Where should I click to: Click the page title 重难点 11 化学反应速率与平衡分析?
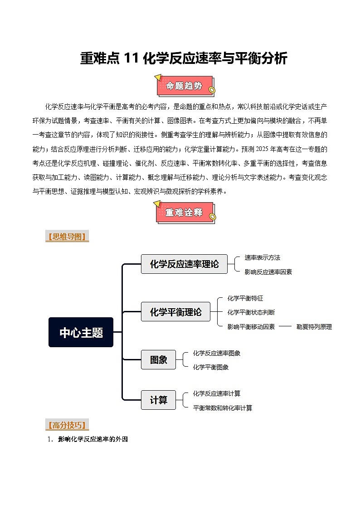pos(184,58)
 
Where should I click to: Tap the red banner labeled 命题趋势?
pos(184,86)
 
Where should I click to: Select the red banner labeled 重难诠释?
pos(184,213)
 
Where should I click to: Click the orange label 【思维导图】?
pos(67,237)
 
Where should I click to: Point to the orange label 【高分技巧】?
pos(67,425)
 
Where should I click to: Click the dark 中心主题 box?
pos(81,333)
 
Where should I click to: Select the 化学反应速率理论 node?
pos(184,264)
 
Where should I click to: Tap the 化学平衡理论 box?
pos(175,312)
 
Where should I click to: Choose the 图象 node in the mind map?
pos(158,360)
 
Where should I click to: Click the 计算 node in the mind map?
pos(158,400)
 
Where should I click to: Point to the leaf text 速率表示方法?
pos(262,257)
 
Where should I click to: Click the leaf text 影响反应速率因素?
pos(268,271)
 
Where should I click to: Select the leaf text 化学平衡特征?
pos(245,298)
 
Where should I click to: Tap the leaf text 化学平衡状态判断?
pos(251,312)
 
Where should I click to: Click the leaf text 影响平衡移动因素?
pos(251,326)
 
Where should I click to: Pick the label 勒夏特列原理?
pos(314,326)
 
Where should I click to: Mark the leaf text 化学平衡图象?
pos(210,367)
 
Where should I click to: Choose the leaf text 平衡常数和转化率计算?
pos(222,407)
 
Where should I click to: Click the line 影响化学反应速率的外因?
pos(93,439)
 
